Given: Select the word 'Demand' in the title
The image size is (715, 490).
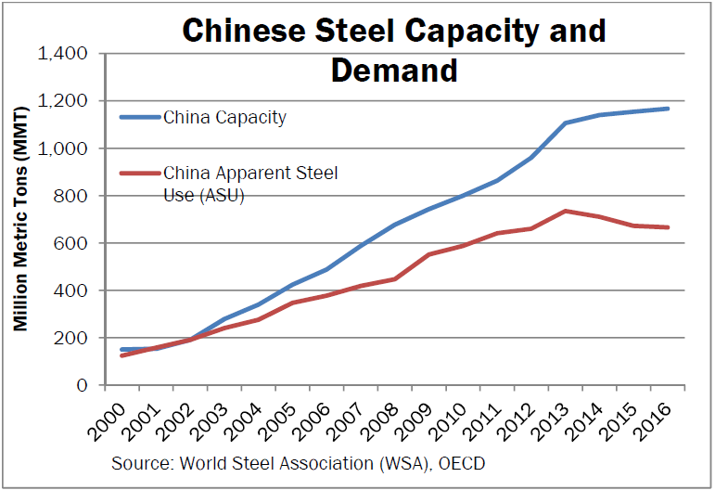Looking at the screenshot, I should [394, 70].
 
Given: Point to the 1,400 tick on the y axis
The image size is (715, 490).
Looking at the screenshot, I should [61, 54].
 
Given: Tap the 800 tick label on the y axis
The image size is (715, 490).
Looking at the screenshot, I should [70, 196].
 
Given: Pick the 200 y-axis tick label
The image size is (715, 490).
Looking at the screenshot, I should [70, 338].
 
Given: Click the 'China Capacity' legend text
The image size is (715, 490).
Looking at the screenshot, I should [224, 118].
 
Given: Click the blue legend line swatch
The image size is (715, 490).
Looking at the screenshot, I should [140, 118].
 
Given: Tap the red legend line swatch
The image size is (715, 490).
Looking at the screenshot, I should [140, 173].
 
